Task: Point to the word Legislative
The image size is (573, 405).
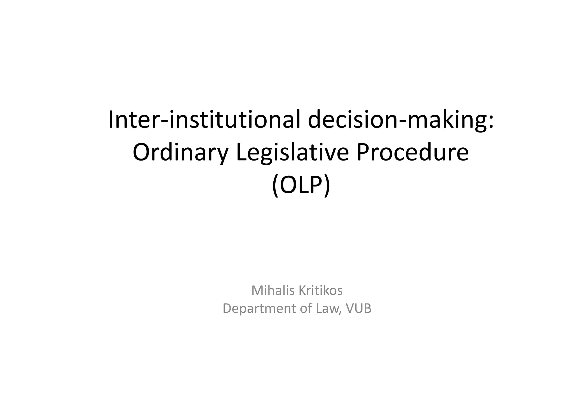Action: [292, 153]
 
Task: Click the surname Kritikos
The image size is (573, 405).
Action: [320, 291]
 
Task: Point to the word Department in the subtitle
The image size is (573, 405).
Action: [259, 309]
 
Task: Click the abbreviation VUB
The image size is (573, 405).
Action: [359, 309]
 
